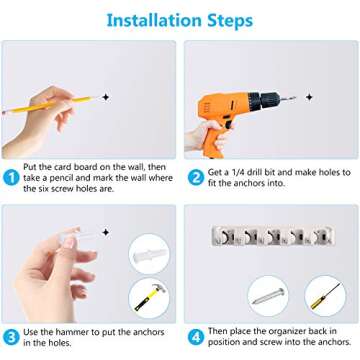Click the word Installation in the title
[x=154, y=20]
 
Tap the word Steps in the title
[x=230, y=21]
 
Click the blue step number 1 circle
[x=11, y=178]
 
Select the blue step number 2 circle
[x=196, y=178]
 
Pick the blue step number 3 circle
[x=11, y=337]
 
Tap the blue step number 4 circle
[x=196, y=337]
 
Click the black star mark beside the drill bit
[x=309, y=97]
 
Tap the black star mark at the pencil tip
[x=106, y=97]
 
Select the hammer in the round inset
[x=150, y=297]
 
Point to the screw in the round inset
[x=268, y=296]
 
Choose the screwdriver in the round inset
[x=325, y=296]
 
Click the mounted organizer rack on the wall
[x=273, y=236]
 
